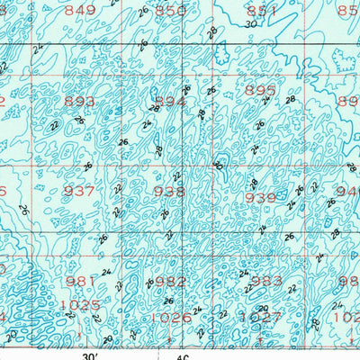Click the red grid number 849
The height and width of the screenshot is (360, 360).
click(80, 11)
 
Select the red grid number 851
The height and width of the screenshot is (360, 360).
click(262, 11)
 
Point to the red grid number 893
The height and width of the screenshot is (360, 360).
click(80, 102)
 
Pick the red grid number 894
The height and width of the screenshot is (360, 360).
click(170, 102)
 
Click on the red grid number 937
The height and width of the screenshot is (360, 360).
click(80, 191)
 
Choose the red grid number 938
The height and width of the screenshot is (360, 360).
click(169, 191)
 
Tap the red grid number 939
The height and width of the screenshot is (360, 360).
click(260, 198)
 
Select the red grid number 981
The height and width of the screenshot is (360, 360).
click(80, 281)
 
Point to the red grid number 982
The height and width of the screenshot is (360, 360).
click(171, 281)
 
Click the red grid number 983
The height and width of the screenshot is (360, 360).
click(265, 281)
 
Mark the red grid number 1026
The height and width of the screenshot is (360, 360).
click(172, 317)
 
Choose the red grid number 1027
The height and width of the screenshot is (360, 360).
click(263, 317)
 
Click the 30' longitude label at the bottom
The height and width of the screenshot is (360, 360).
click(91, 355)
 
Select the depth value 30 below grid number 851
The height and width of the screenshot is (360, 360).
click(249, 26)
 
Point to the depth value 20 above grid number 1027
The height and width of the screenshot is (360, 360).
click(264, 306)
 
